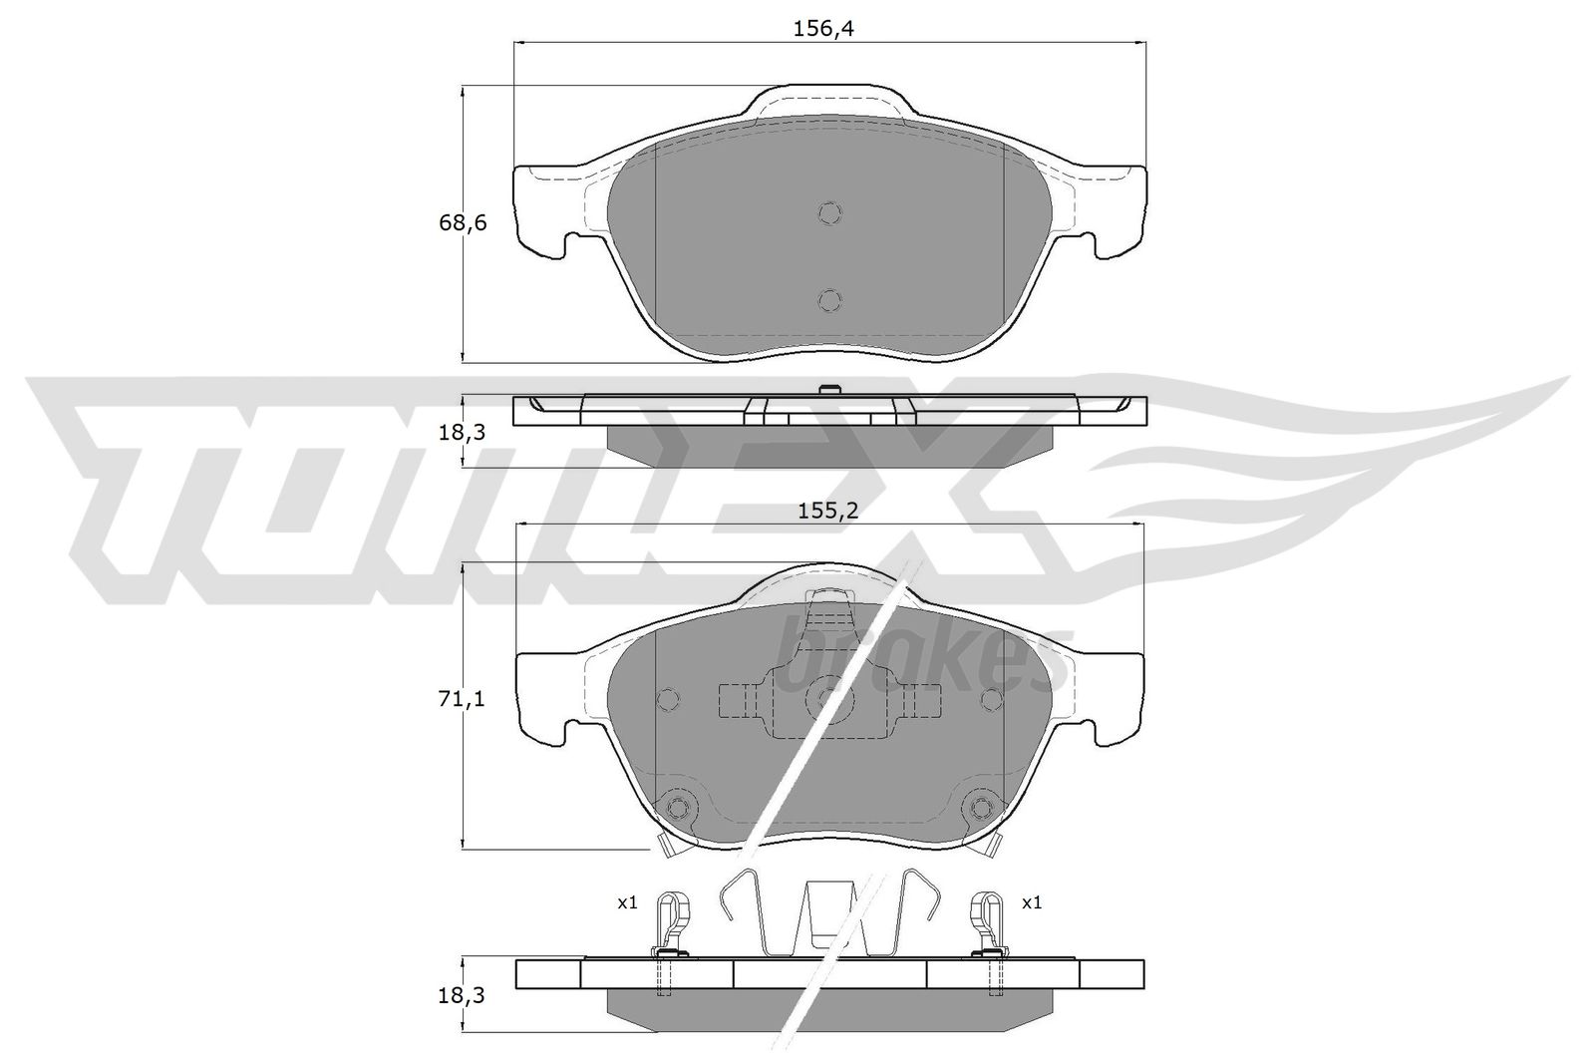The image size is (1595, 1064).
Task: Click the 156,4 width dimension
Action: click(x=822, y=29)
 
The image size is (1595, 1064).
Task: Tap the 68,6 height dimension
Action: click(x=463, y=223)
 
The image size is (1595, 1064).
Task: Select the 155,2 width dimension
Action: click(x=828, y=511)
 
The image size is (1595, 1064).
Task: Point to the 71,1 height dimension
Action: click(x=462, y=699)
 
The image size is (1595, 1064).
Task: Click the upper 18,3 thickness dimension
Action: click(x=462, y=432)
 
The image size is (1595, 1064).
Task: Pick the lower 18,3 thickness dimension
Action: click(x=462, y=995)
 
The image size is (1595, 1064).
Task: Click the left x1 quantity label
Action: click(x=627, y=903)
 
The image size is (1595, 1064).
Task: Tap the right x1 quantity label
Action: click(x=1032, y=903)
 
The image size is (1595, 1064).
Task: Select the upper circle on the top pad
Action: click(x=829, y=213)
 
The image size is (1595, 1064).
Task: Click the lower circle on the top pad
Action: click(x=829, y=300)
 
